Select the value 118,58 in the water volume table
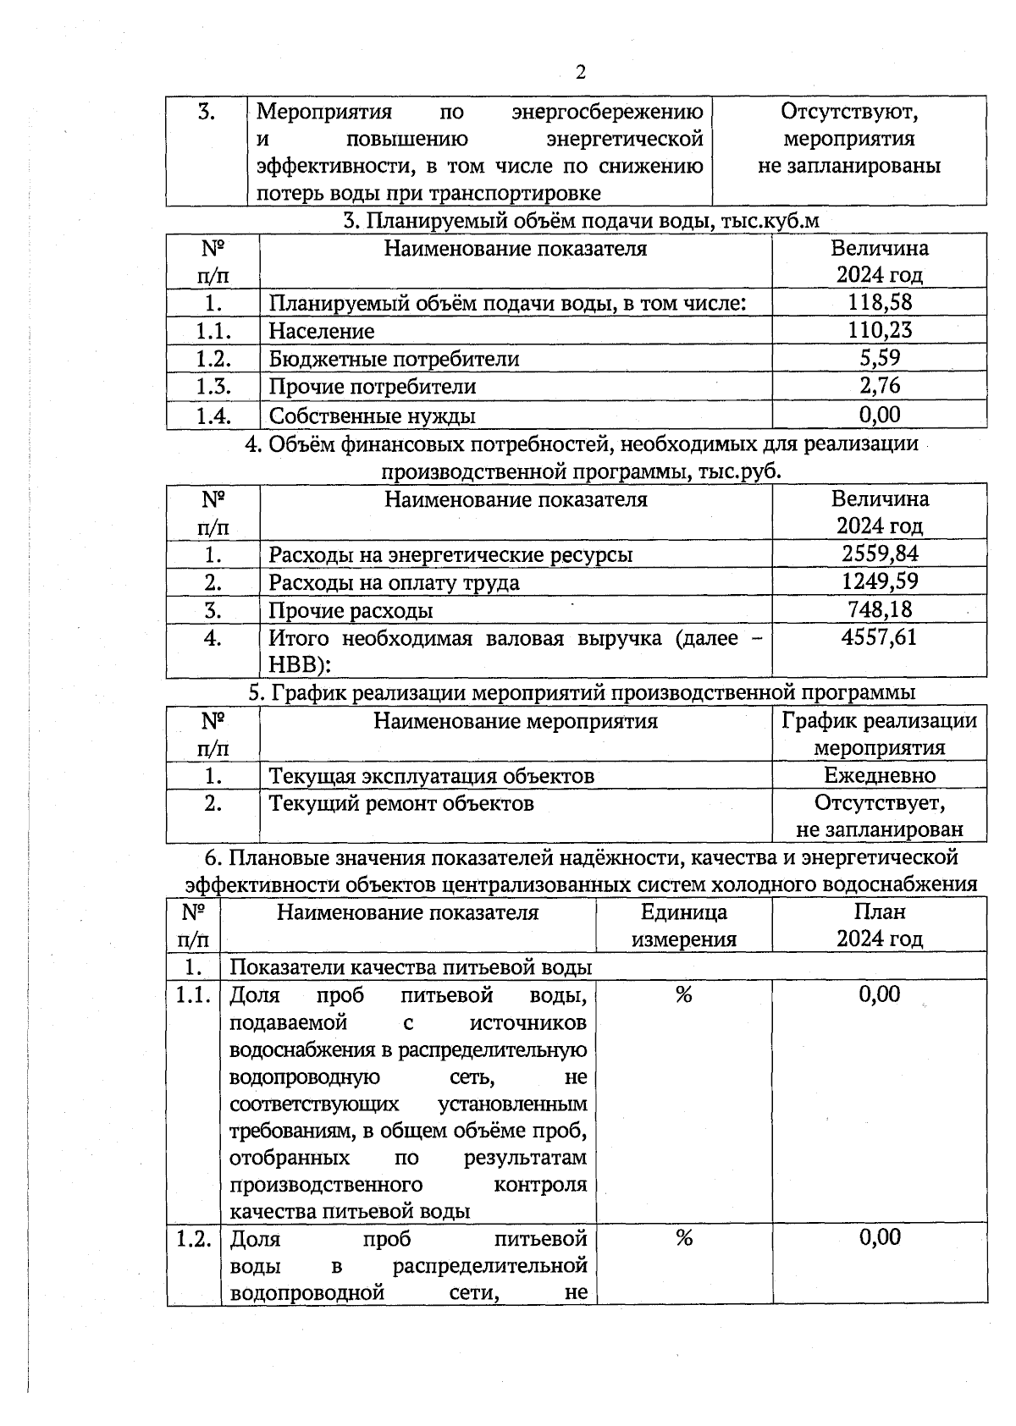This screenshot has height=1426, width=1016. tap(880, 302)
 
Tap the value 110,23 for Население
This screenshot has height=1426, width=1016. tap(880, 330)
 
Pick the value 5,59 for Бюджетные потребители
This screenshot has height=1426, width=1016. tap(880, 358)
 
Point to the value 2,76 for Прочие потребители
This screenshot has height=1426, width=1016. tap(880, 386)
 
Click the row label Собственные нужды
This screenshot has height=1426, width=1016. tap(372, 416)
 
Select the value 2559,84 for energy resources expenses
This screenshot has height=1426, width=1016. tap(880, 553)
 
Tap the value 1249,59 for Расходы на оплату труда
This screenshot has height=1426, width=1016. tap(880, 581)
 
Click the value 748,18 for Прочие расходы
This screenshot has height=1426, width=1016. tap(880, 609)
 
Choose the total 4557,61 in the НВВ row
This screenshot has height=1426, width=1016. tap(880, 637)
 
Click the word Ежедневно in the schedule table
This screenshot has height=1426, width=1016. tap(880, 775)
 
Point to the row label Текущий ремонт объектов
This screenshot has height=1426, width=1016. tap(401, 803)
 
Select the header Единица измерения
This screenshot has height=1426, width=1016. tap(684, 925)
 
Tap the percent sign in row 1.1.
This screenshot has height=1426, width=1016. tap(684, 995)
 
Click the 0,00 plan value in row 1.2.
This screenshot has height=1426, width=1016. tap(880, 1238)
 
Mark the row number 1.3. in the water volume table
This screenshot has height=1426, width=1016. tap(213, 387)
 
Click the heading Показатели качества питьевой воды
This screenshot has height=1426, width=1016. tap(411, 966)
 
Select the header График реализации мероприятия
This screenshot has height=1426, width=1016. tap(880, 734)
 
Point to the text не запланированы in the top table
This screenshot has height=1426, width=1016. tap(849, 165)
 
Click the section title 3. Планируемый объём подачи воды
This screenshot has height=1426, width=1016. tap(581, 220)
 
